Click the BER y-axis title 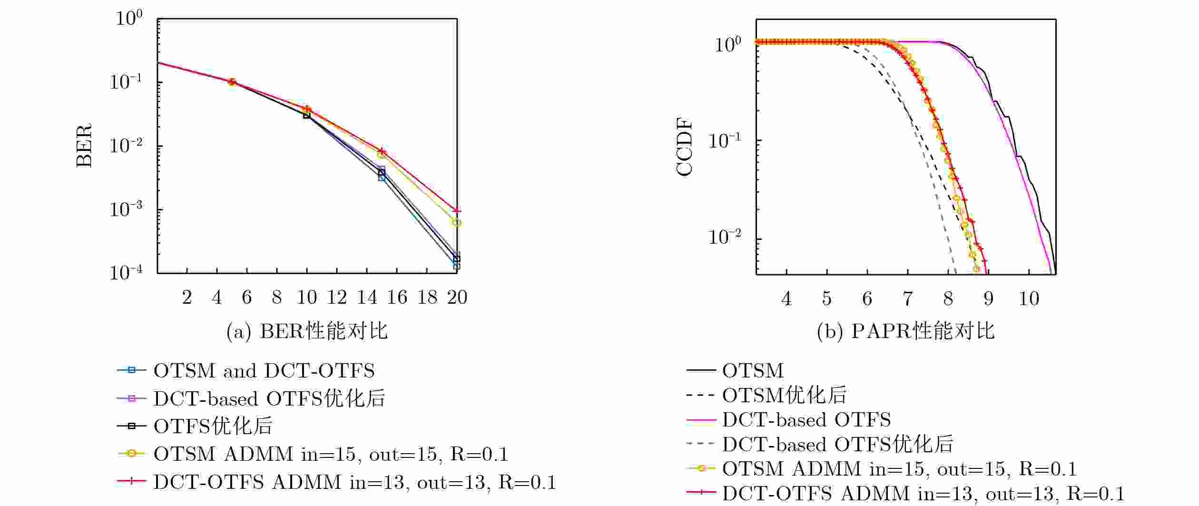84,146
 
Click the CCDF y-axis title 685,149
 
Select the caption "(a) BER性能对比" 307,331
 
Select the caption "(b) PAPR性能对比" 905,331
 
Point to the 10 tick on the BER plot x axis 307,298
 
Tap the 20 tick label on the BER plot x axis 457,298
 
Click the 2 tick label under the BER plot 187,298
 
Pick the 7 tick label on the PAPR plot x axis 908,298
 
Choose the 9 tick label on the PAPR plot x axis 989,298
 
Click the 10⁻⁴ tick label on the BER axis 126,272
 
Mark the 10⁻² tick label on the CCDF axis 725,237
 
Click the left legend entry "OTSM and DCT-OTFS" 264,370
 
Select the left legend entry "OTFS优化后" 213,426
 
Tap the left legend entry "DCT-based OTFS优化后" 269,398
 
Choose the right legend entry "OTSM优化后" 784,395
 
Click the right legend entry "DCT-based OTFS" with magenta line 806,420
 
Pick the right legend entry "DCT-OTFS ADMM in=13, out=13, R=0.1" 923,494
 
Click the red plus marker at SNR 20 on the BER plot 457,210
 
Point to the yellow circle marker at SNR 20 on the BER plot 456,222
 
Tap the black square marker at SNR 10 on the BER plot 307,115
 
